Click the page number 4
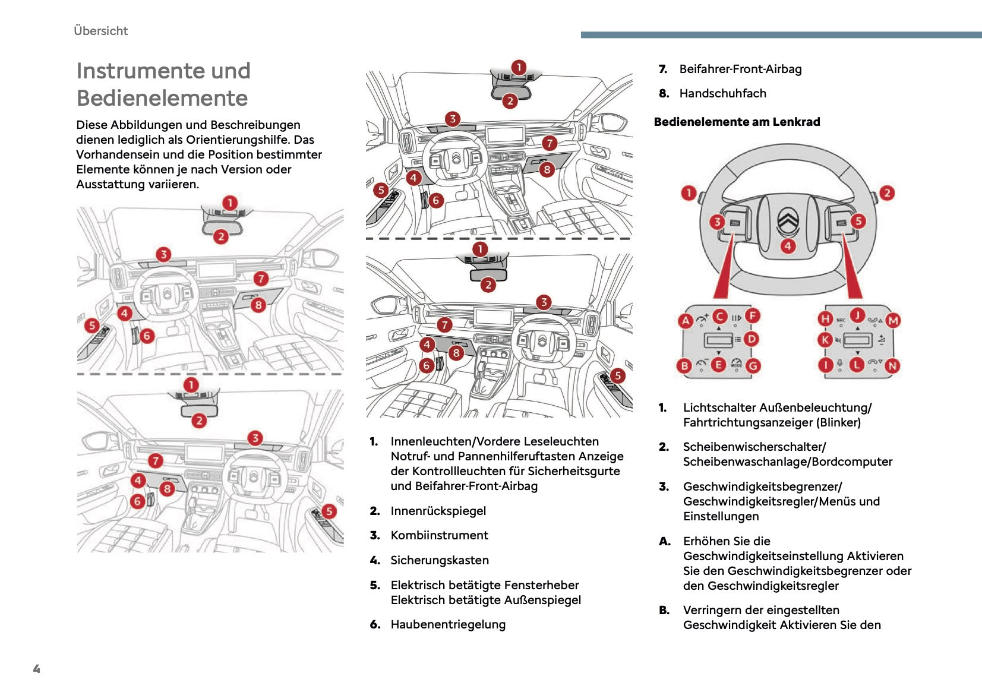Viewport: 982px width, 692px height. pyautogui.click(x=36, y=669)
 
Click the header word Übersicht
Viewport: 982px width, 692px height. pyautogui.click(x=100, y=31)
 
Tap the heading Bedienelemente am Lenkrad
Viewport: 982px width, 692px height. pyautogui.click(x=737, y=122)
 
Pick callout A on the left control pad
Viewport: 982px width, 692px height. pyautogui.click(x=686, y=321)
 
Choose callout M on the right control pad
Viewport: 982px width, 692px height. pyautogui.click(x=893, y=321)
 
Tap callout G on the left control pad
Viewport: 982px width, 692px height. pyautogui.click(x=753, y=366)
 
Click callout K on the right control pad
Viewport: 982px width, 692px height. pyautogui.click(x=825, y=340)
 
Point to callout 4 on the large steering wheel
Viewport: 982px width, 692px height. pyautogui.click(x=788, y=246)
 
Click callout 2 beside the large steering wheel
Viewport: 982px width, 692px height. pyautogui.click(x=886, y=193)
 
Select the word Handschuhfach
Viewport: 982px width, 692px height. pyautogui.click(x=722, y=93)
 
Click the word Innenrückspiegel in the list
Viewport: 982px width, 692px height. pyautogui.click(x=438, y=511)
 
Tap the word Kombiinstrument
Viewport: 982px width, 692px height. pyautogui.click(x=439, y=535)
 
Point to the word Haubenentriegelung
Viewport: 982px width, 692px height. pyautogui.click(x=448, y=624)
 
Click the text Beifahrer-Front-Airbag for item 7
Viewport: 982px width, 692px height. pyautogui.click(x=740, y=69)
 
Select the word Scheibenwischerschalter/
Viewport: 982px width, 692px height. pyautogui.click(x=754, y=447)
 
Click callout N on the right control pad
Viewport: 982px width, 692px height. pyautogui.click(x=892, y=366)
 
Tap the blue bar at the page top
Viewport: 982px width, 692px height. pyautogui.click(x=781, y=35)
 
